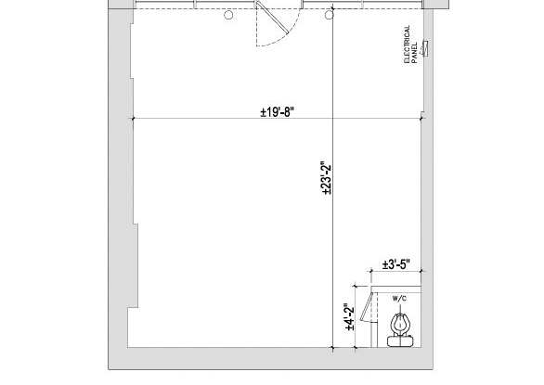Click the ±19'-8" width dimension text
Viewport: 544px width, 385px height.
click(x=278, y=113)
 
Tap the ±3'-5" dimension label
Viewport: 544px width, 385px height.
click(x=396, y=265)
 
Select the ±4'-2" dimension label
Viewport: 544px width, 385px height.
click(x=349, y=317)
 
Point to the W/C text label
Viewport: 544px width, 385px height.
click(x=399, y=299)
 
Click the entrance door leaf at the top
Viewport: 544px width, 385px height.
click(x=272, y=23)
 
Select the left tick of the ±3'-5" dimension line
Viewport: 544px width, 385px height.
click(x=371, y=273)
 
